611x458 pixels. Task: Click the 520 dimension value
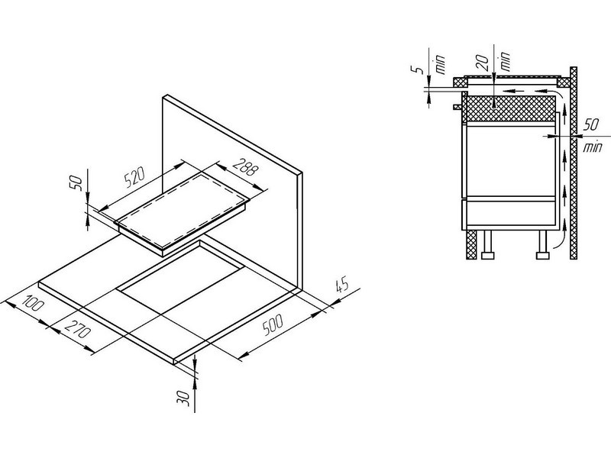tap(134, 178)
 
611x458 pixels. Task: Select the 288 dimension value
tap(245, 166)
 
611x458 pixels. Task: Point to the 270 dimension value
tap(77, 328)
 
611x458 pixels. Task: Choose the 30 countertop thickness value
tap(186, 398)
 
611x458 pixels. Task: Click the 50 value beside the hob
tap(76, 183)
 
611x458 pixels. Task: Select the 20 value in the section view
tap(483, 62)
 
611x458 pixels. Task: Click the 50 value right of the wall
tap(590, 124)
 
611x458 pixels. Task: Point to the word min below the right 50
tap(593, 147)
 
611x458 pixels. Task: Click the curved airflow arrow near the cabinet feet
tap(558, 237)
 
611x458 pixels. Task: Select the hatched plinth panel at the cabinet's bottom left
tap(472, 244)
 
